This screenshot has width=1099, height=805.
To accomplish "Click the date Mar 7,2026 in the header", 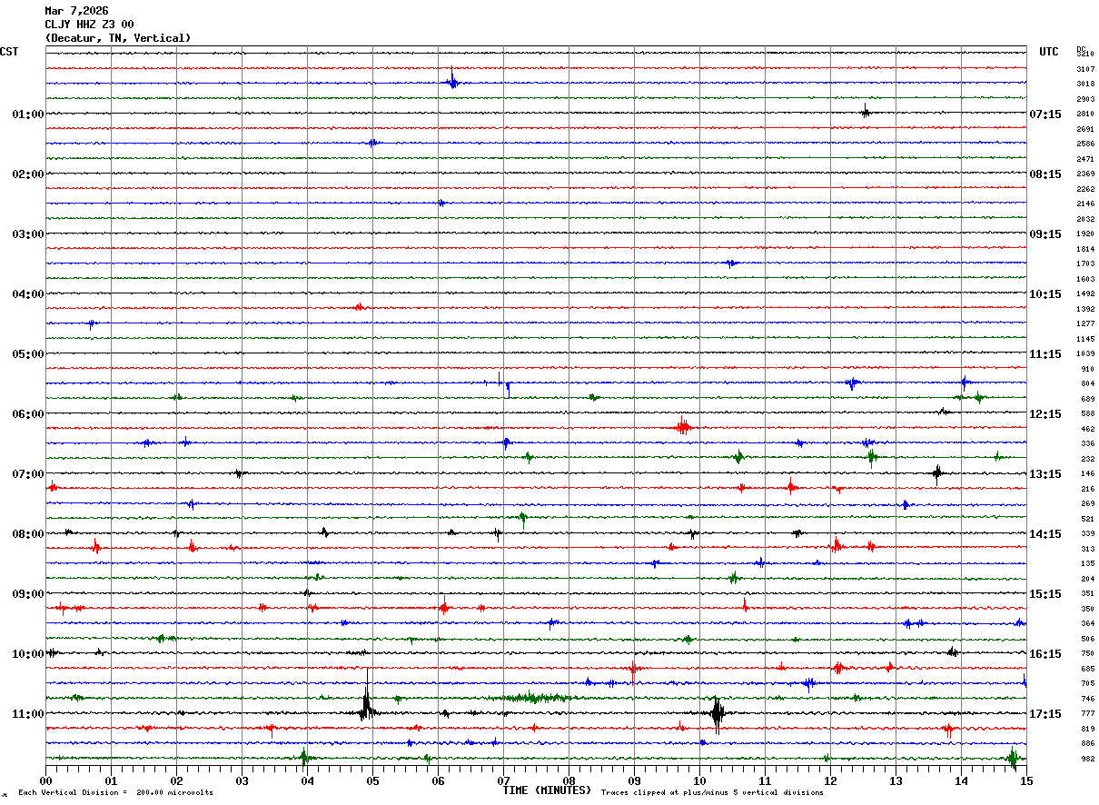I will coord(76,11).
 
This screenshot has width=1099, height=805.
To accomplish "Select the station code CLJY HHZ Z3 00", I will coord(89,25).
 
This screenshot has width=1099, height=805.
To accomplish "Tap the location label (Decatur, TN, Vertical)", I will coord(118,38).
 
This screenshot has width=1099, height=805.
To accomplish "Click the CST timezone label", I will coord(9,52).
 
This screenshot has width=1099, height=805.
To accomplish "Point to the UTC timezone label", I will coord(1048,52).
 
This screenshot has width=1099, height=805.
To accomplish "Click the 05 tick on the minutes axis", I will coord(372,780).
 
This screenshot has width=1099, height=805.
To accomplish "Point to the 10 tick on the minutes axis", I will coord(699,780).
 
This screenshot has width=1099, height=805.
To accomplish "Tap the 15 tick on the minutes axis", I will coord(1025,780).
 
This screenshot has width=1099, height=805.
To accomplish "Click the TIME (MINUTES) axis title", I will coord(547,790).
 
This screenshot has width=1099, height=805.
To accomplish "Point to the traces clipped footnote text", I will coord(712,793).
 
